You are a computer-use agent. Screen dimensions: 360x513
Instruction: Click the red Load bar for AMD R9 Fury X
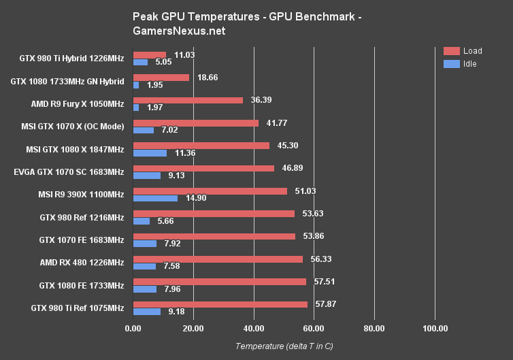pos(188,100)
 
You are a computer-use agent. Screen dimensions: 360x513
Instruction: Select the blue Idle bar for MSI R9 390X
pos(155,198)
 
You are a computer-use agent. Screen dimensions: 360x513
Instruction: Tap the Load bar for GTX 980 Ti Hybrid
pos(150,54)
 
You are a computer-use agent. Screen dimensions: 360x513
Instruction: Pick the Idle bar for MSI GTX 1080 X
pos(150,152)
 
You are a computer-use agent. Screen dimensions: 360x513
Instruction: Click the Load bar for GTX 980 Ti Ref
pos(220,304)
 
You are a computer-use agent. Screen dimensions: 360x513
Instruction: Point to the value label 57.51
pos(321,281)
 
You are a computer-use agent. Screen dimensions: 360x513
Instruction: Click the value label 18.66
pos(205,78)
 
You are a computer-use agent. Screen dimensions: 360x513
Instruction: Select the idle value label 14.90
pos(194,198)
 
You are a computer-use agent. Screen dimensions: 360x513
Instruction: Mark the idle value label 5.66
pos(164,220)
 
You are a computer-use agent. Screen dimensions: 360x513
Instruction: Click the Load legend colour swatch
pos(452,51)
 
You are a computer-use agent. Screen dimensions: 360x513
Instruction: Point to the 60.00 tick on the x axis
pos(314,329)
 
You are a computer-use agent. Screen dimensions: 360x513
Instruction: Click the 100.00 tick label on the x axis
pos(435,329)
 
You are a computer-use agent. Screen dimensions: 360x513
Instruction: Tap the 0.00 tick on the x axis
pos(133,329)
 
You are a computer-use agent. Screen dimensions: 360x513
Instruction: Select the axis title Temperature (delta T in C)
pos(284,346)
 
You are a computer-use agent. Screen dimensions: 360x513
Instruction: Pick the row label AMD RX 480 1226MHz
pos(82,263)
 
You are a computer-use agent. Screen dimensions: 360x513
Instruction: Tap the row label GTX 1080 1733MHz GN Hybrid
pos(67,82)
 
